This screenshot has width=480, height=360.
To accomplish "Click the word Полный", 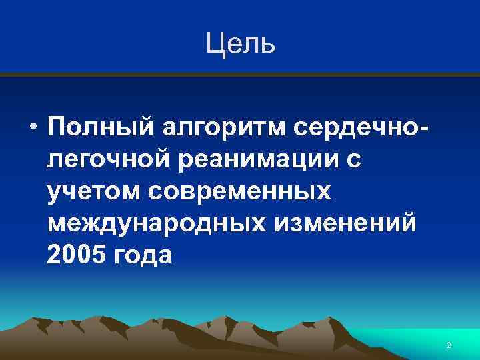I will click(98, 127).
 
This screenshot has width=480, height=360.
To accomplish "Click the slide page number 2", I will click(448, 345).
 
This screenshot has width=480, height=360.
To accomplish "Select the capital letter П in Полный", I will click(57, 127).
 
